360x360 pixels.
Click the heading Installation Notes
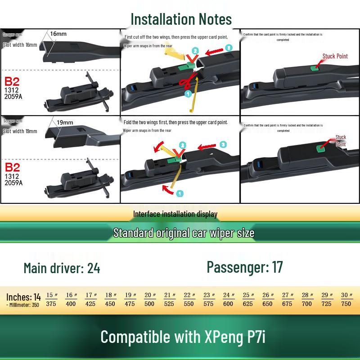[181, 19]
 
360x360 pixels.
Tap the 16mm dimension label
[58, 34]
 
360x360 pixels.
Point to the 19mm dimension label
[65, 122]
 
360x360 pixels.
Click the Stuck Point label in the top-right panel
[335, 56]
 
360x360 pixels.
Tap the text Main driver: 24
[62, 269]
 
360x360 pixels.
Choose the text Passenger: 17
[245, 267]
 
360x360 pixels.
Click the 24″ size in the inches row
[229, 295]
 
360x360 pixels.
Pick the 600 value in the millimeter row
[228, 304]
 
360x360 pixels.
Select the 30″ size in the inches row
[346, 295]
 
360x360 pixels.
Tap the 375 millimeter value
[51, 304]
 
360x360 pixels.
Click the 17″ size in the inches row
[91, 295]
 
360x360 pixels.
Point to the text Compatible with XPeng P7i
[183, 337]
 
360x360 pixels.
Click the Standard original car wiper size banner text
[184, 233]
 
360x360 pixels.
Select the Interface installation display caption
[175, 214]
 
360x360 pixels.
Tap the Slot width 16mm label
[20, 45]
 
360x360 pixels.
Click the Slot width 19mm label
[20, 131]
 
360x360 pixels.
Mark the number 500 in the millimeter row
[149, 304]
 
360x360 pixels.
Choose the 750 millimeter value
[346, 304]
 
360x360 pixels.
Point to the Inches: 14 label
[23, 297]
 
